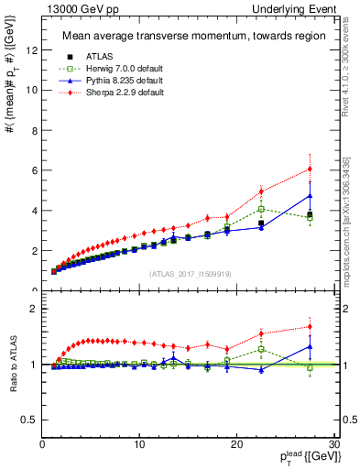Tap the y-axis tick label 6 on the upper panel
[33, 170]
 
